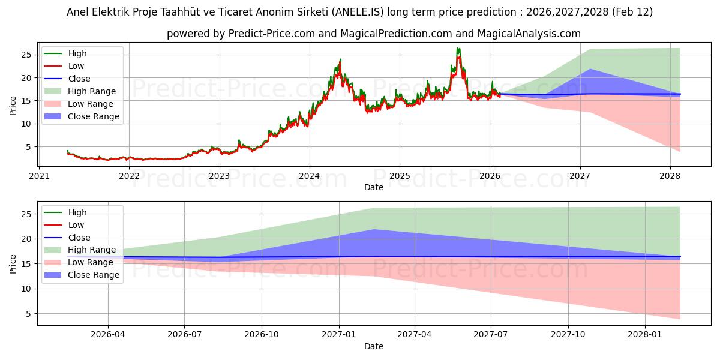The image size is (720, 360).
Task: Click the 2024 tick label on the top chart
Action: tap(310, 176)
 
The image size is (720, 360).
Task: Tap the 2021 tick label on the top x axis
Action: tap(39, 176)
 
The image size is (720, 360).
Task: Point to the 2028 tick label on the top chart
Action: tap(670, 176)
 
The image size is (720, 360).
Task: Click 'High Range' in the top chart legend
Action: tap(92, 91)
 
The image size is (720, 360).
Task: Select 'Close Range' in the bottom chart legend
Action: tap(93, 275)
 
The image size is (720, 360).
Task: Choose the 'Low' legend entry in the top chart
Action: tap(76, 66)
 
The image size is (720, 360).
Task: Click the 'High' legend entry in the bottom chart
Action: tap(77, 212)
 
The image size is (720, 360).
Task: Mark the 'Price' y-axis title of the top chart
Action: tap(13, 105)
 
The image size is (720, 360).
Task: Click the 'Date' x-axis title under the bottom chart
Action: tap(373, 346)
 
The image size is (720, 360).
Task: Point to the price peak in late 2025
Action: tap(458, 49)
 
